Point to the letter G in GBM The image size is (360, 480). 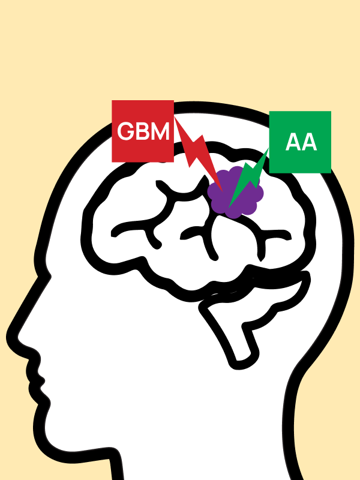point(126,131)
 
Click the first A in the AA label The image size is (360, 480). point(292,143)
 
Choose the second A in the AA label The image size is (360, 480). point(308,143)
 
